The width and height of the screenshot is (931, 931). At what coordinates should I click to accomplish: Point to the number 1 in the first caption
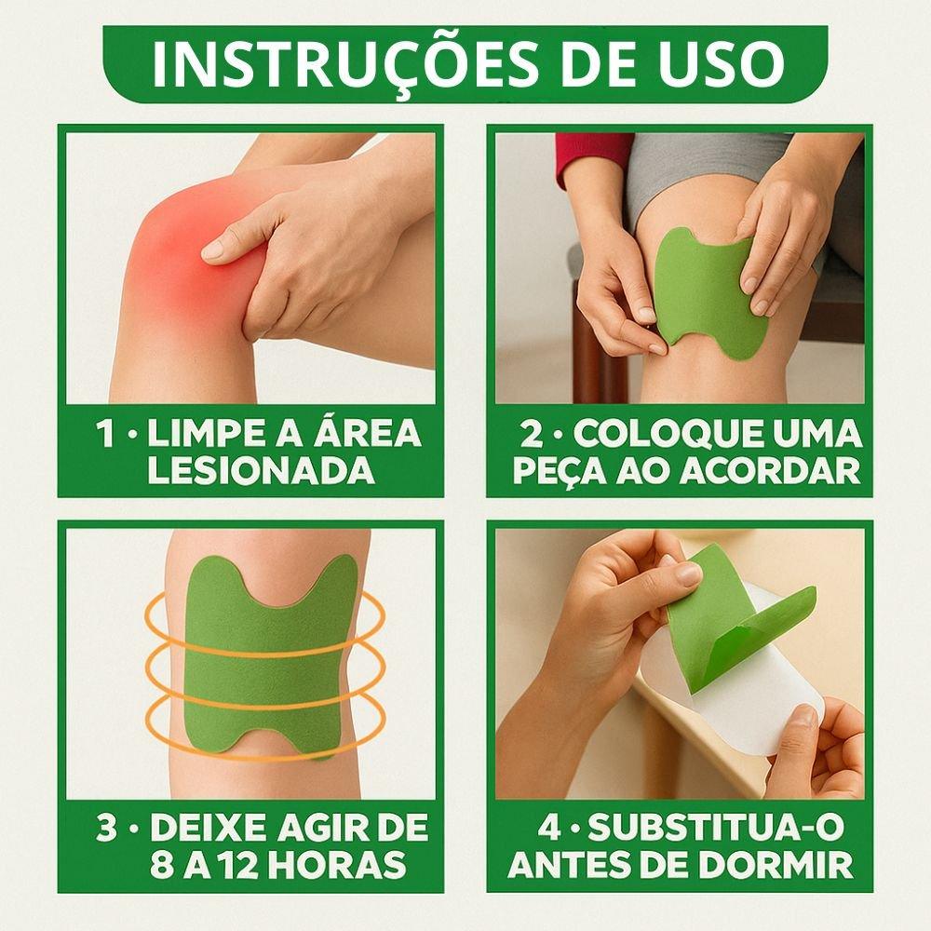pyautogui.click(x=109, y=434)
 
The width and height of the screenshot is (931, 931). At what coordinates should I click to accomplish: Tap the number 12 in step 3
pyautogui.click(x=245, y=866)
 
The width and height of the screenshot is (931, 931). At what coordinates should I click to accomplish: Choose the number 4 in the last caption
pyautogui.click(x=550, y=828)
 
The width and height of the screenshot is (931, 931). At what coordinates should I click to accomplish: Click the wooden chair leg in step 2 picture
pyautogui.click(x=588, y=363)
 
